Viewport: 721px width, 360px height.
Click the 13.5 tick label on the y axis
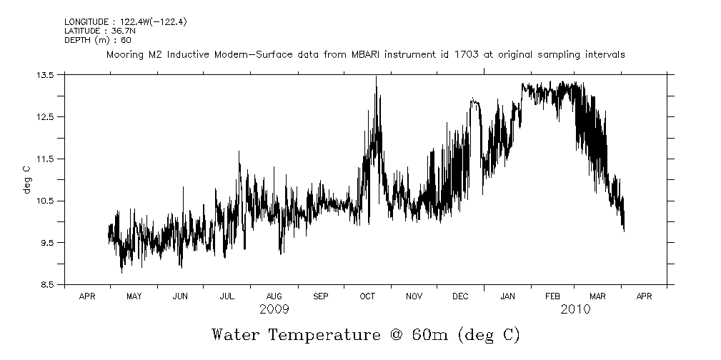click(46, 75)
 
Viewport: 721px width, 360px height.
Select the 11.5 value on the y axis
click(46, 159)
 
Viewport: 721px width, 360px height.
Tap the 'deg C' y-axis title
click(26, 179)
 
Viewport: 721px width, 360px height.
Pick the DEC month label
click(460, 295)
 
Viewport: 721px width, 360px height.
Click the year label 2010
click(575, 309)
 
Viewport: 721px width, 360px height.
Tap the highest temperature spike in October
click(376, 77)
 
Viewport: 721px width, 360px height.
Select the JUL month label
click(227, 295)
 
